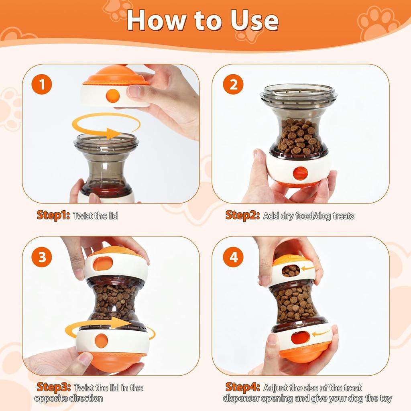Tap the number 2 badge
(233, 85)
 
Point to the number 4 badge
(233, 257)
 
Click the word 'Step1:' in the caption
(53, 215)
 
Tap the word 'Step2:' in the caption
(242, 215)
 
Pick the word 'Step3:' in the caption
(53, 387)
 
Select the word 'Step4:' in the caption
(242, 387)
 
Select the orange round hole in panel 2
(300, 173)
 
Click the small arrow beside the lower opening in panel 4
(321, 333)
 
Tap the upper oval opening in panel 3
(103, 263)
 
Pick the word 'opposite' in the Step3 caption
(51, 398)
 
